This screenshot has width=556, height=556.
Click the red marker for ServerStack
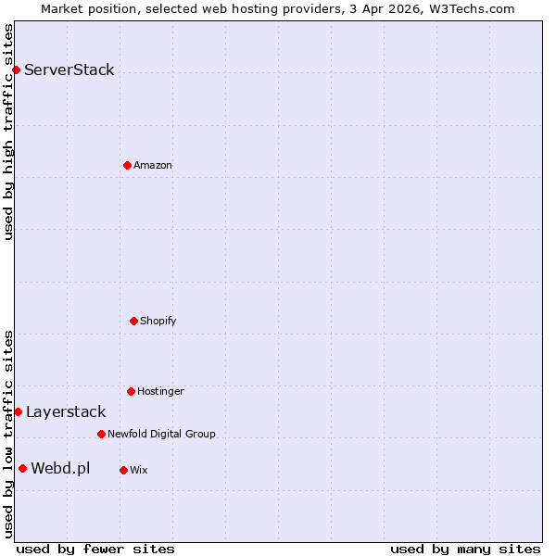(x=16, y=69)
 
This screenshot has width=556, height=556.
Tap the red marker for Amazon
(x=127, y=165)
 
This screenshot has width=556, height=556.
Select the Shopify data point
(x=133, y=321)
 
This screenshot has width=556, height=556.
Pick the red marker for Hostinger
(x=131, y=391)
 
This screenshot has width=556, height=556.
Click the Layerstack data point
(x=18, y=411)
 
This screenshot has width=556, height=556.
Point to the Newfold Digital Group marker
(x=101, y=434)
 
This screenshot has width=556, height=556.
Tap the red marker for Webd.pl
(x=22, y=468)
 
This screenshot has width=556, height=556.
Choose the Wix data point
(x=123, y=470)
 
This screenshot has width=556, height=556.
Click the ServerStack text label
(x=69, y=69)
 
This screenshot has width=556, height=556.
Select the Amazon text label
(x=153, y=165)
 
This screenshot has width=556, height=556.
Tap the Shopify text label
(x=158, y=321)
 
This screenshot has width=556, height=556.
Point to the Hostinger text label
(x=160, y=391)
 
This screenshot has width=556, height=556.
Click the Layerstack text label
(x=66, y=411)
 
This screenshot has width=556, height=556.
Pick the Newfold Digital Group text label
(x=161, y=434)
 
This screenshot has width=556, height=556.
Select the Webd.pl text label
(x=60, y=468)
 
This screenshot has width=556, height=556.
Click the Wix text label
(x=138, y=470)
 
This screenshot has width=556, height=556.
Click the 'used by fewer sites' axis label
(x=95, y=549)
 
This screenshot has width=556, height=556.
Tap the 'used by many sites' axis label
(x=465, y=549)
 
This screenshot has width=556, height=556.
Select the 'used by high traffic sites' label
(x=8, y=132)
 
